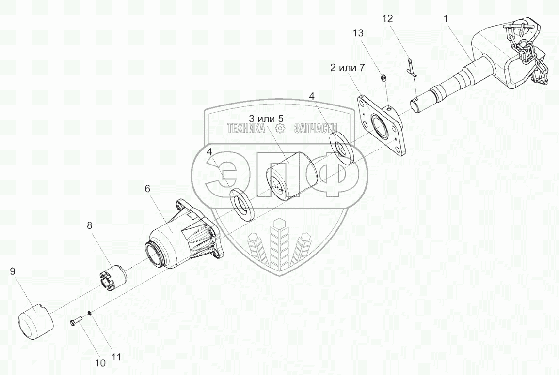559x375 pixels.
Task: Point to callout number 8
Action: pos(89,225)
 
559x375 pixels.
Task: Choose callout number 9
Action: pos(13,271)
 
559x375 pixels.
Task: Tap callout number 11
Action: pos(116,357)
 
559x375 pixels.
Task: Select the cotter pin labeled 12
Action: pos(411,68)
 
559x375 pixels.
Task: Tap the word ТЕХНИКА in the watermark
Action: pos(247,128)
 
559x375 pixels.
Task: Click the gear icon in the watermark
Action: pos(279,128)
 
